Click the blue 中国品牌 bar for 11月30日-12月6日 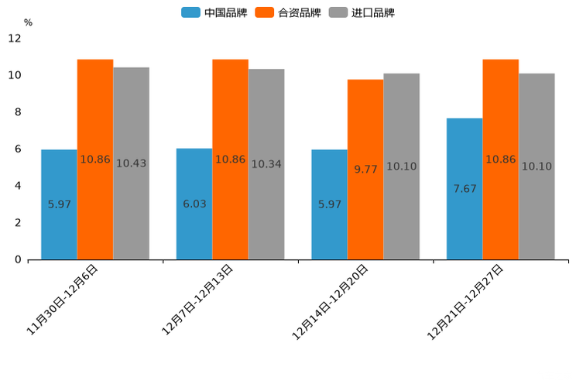(x=59, y=204)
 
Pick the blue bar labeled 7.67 (x=465, y=189)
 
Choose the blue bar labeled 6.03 (x=194, y=204)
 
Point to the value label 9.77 (x=365, y=169)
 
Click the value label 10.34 (x=266, y=164)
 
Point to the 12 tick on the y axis (x=15, y=38)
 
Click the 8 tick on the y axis (x=18, y=112)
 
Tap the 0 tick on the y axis (x=18, y=259)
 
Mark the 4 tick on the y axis (x=18, y=186)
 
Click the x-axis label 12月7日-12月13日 (x=197, y=299)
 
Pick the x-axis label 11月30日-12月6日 (x=62, y=300)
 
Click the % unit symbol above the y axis (x=28, y=22)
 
